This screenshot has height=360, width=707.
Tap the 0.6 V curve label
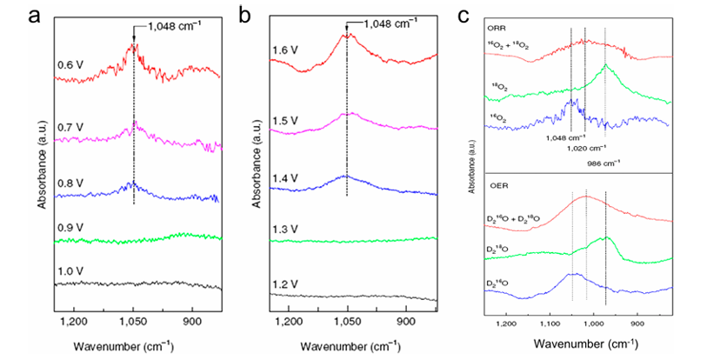(x=71, y=63)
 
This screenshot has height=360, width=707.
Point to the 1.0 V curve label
(x=71, y=273)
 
